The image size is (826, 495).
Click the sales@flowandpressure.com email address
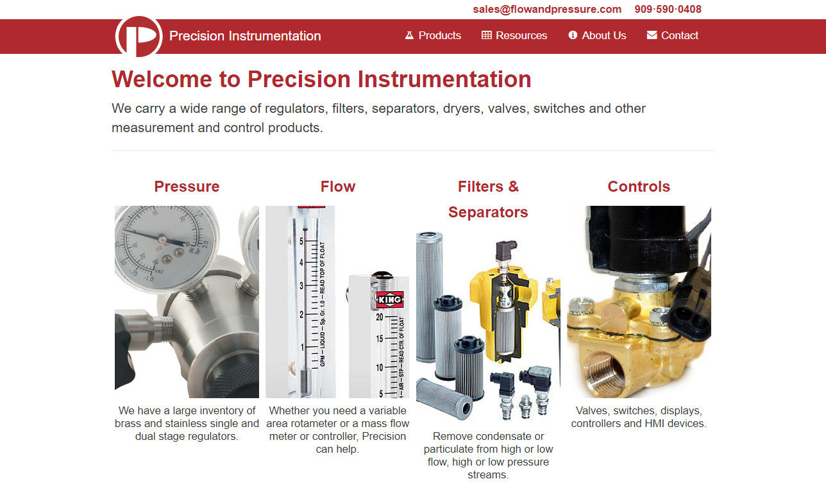click(547, 9)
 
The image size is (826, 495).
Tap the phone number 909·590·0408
click(668, 9)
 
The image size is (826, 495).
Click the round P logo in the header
click(139, 37)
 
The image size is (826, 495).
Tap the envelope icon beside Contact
click(652, 35)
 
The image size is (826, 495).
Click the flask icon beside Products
click(409, 35)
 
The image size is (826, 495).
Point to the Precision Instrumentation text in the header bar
click(245, 36)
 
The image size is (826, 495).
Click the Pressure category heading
click(187, 187)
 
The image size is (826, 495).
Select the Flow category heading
click(338, 187)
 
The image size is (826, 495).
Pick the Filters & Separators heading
click(488, 199)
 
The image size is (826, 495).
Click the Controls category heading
click(639, 187)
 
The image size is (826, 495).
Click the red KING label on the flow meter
click(389, 299)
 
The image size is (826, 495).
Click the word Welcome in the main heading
click(162, 80)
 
